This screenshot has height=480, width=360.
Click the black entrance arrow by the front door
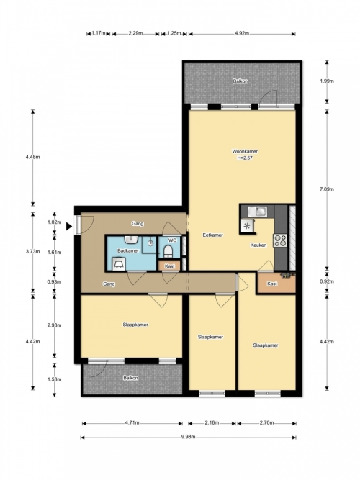point(69,226)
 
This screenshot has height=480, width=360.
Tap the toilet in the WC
point(168,251)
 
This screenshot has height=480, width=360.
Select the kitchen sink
point(257,212)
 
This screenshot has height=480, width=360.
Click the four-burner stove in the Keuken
point(280,240)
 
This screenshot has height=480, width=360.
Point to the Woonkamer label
point(245,151)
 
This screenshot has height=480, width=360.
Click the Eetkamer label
point(212,235)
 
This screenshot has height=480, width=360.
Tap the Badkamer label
point(128,250)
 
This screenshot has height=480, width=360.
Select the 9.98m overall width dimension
point(188,437)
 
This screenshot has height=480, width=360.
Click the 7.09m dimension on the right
point(327,189)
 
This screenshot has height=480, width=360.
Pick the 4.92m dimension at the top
point(242,33)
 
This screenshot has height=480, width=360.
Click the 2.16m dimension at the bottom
point(212,423)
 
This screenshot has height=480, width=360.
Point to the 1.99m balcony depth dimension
point(327,81)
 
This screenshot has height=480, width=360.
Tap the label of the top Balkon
point(240,81)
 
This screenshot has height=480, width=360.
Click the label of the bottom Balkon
point(130,378)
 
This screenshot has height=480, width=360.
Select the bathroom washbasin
point(132,239)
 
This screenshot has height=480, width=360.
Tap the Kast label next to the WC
point(169,266)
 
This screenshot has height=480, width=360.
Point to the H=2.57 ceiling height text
point(245,158)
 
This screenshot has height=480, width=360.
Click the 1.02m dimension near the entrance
point(55,222)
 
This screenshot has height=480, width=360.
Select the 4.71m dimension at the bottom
point(132,423)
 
